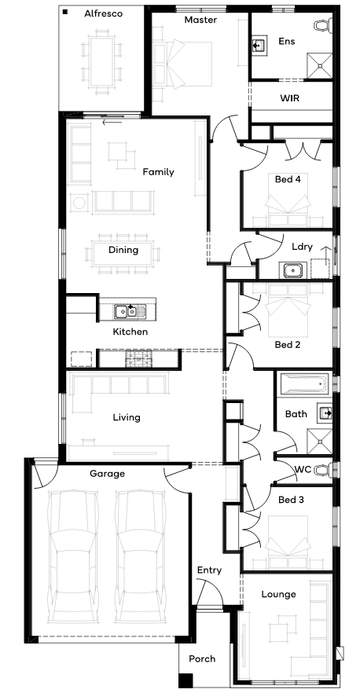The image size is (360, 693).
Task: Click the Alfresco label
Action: [x=104, y=13]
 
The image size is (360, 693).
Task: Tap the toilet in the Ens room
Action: [x=323, y=24]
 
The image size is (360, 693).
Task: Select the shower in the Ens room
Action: [x=320, y=66]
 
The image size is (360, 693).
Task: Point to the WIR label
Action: [x=290, y=97]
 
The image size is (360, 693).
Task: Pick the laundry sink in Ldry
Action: [x=292, y=270]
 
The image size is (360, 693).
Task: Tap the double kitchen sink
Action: [x=127, y=312]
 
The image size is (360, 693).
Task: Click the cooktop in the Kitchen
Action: [x=138, y=359]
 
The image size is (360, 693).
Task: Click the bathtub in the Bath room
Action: [x=306, y=384]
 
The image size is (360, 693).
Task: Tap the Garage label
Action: [x=107, y=474]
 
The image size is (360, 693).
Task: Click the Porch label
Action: [x=202, y=659]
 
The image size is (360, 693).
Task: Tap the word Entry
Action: [x=209, y=570]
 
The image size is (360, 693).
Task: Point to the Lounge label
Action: [x=278, y=595]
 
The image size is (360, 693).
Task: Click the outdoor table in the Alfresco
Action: [x=102, y=61]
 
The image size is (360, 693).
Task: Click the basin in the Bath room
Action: [x=325, y=412]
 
